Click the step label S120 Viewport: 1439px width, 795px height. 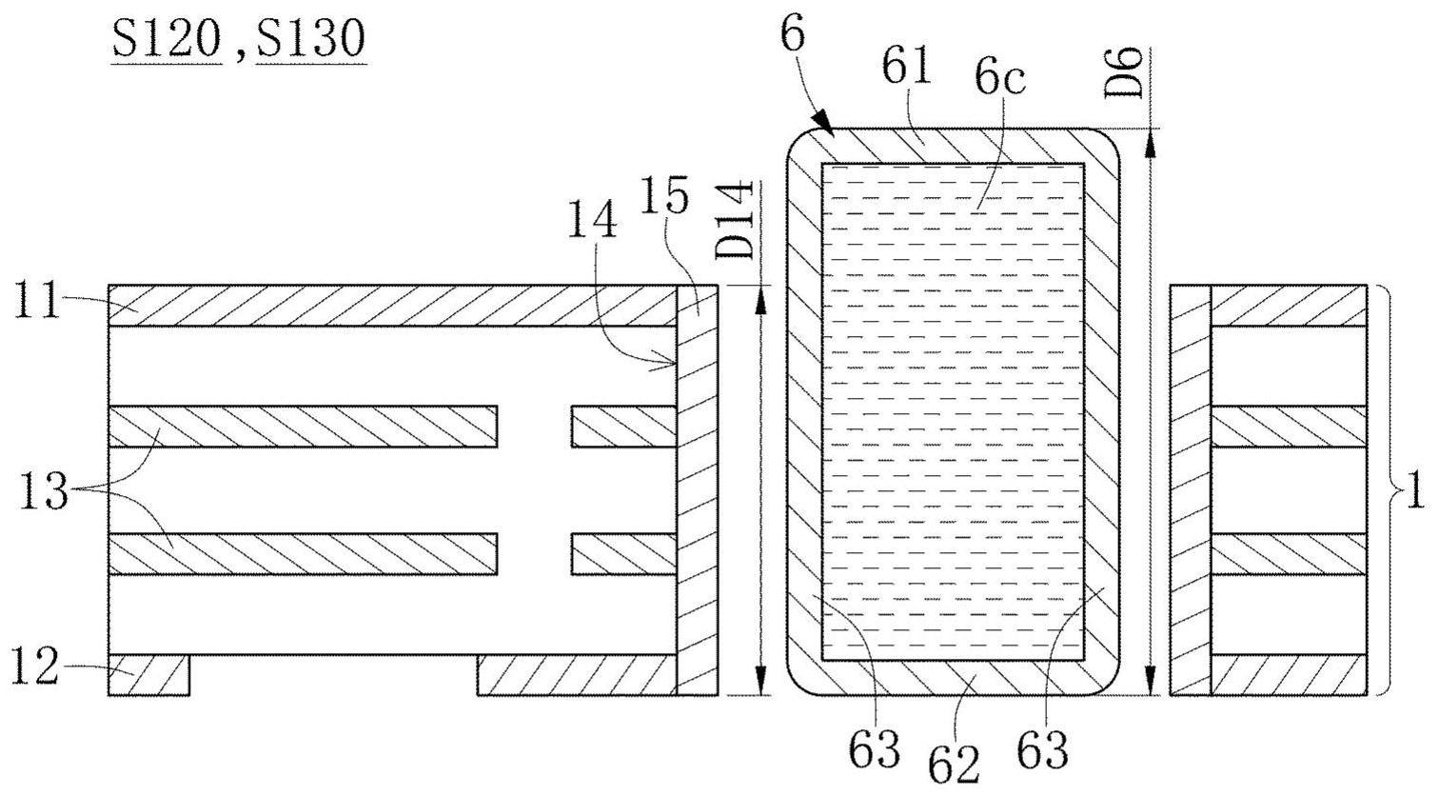(167, 40)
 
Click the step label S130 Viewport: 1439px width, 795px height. (310, 40)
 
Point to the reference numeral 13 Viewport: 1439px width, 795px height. (42, 493)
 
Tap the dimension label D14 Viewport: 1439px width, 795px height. (738, 221)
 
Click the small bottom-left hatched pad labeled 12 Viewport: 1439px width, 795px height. (149, 675)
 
